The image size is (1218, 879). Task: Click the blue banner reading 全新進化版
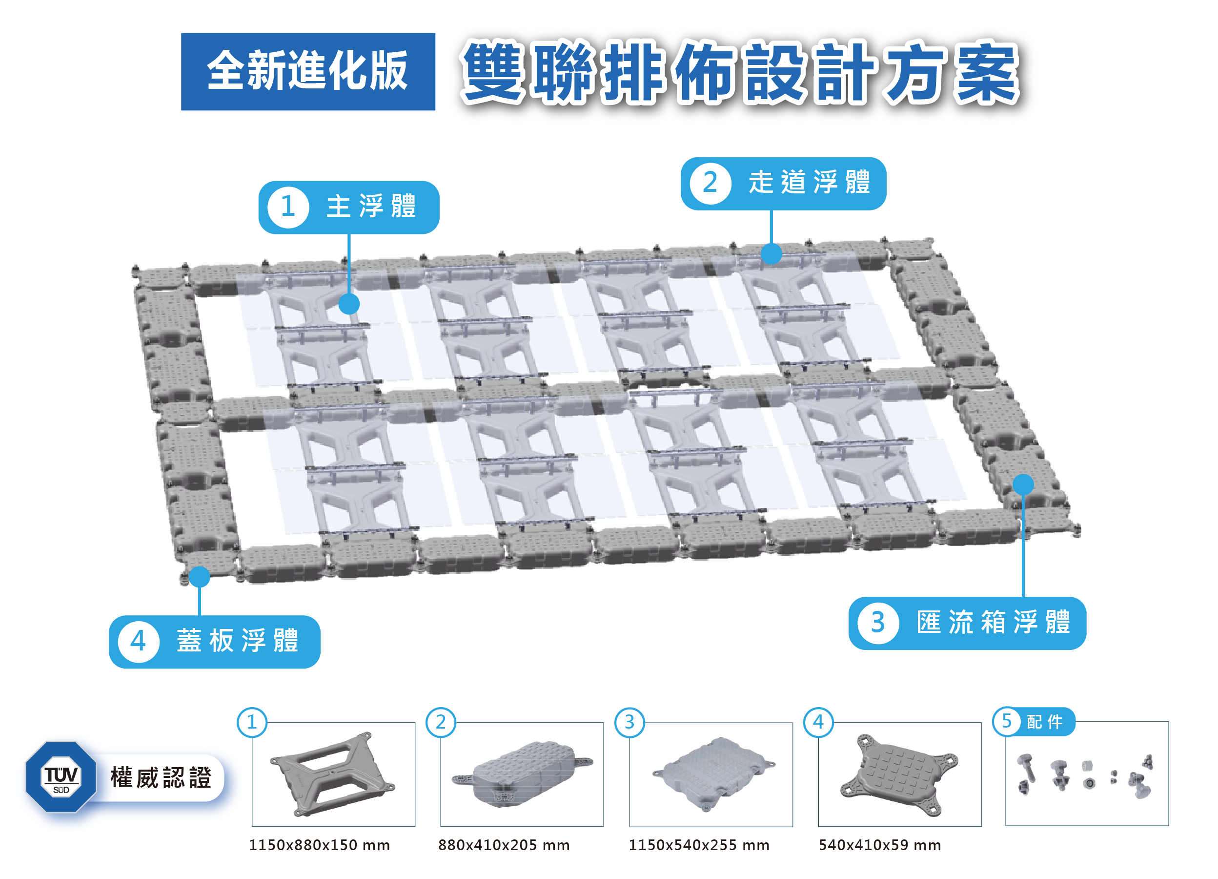pyautogui.click(x=308, y=71)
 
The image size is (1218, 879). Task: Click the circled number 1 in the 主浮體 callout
pyautogui.click(x=288, y=207)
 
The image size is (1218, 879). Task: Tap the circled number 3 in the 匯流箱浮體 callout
pyautogui.click(x=877, y=623)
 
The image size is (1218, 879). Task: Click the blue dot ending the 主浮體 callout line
pyautogui.click(x=349, y=304)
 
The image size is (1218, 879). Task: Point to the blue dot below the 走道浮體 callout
pyautogui.click(x=771, y=253)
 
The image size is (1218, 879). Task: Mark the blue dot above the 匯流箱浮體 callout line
pyautogui.click(x=1023, y=484)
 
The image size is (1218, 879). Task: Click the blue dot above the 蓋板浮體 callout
pyautogui.click(x=199, y=577)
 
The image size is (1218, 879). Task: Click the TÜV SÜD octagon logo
pyautogui.click(x=61, y=777)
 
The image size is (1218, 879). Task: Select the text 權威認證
pyautogui.click(x=161, y=778)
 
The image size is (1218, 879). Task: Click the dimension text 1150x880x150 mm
pyautogui.click(x=319, y=845)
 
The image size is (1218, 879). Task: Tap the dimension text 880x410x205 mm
pyautogui.click(x=504, y=845)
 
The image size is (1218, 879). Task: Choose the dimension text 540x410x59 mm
pyautogui.click(x=880, y=845)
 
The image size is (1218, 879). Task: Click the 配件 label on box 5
pyautogui.click(x=1045, y=722)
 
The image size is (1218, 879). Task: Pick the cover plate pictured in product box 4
pyautogui.click(x=899, y=774)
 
